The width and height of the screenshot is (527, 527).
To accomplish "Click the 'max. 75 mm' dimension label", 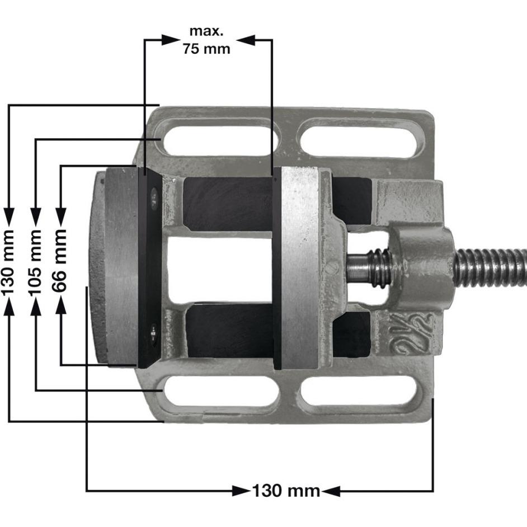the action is click(206, 40).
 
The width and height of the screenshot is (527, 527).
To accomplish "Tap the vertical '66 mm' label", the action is click(60, 261).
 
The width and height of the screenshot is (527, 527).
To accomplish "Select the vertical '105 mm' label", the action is click(36, 263).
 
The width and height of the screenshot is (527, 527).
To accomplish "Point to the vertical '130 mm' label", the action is click(9, 263).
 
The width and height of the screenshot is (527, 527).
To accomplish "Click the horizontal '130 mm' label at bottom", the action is click(286, 491).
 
